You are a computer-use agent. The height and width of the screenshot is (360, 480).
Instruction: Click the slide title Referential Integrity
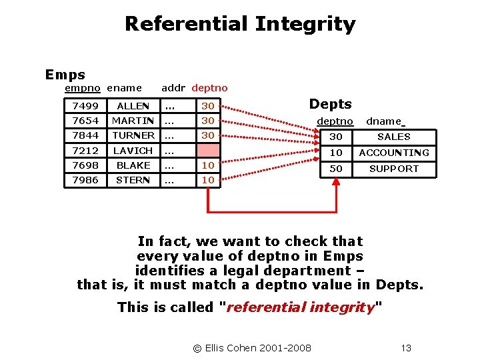pyautogui.click(x=240, y=24)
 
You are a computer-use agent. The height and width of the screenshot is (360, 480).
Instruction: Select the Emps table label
pyautogui.click(x=65, y=75)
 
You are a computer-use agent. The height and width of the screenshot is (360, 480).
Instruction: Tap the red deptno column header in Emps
pyautogui.click(x=209, y=88)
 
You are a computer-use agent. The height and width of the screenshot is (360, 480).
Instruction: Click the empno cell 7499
pyautogui.click(x=85, y=106)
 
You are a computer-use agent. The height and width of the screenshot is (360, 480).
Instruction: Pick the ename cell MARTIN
pyautogui.click(x=133, y=121)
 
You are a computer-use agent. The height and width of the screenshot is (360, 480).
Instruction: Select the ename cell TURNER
pyautogui.click(x=133, y=135)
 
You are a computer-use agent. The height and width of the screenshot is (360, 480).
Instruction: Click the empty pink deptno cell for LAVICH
pyautogui.click(x=208, y=151)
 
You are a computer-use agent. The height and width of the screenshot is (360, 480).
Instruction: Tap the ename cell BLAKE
pyautogui.click(x=133, y=165)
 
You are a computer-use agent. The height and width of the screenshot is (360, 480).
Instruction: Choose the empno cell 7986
pyautogui.click(x=85, y=180)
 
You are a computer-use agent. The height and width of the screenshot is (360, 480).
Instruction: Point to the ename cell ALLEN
pyautogui.click(x=133, y=106)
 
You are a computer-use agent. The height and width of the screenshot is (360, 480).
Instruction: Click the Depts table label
pyautogui.click(x=330, y=104)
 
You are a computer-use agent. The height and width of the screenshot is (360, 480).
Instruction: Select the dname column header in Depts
pyautogui.click(x=385, y=121)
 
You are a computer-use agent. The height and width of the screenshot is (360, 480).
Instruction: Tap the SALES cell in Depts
pyautogui.click(x=394, y=137)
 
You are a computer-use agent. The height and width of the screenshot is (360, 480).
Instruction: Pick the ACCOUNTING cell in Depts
pyautogui.click(x=394, y=153)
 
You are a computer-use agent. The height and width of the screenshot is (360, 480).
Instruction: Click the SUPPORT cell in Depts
pyautogui.click(x=394, y=169)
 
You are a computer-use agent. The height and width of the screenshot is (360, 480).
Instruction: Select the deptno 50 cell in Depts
pyautogui.click(x=337, y=169)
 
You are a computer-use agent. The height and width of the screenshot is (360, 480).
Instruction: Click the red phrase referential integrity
pyautogui.click(x=302, y=307)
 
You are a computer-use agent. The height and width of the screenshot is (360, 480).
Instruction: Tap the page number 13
pyautogui.click(x=406, y=347)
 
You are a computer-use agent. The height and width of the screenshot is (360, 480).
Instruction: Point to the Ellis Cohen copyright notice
pyautogui.click(x=252, y=347)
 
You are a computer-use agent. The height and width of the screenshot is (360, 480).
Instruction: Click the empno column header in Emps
pyautogui.click(x=82, y=88)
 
